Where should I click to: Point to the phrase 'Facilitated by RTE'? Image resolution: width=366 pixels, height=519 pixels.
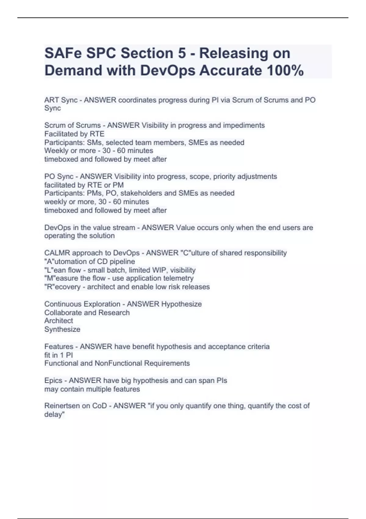point(74,134)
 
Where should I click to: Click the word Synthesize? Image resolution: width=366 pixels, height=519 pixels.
point(62,329)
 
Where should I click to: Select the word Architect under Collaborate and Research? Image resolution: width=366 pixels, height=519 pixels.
point(59,321)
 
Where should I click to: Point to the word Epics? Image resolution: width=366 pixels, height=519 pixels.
point(53,381)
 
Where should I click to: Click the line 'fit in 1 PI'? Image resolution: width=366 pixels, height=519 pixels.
point(59,355)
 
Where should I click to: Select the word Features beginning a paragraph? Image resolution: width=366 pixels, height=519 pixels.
point(59,347)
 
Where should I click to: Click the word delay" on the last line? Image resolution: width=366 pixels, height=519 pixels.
point(55,415)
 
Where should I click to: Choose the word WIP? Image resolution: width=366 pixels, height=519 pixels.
point(159,270)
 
